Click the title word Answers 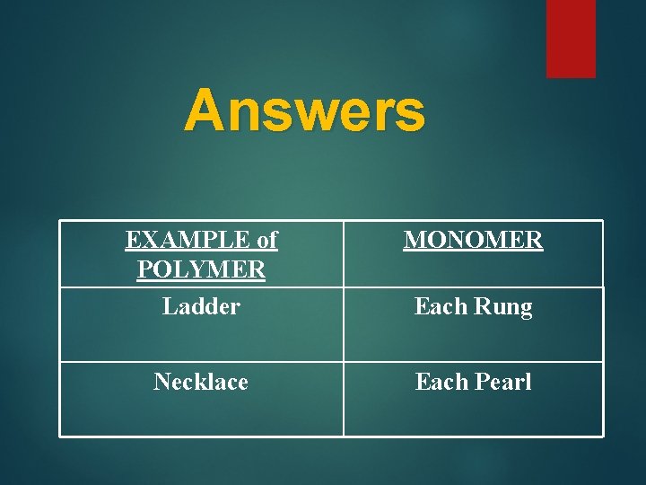tap(304, 111)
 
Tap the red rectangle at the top tap(571, 38)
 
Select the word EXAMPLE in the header tap(187, 240)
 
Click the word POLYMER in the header tap(201, 269)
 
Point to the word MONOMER tap(473, 240)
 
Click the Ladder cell tap(201, 306)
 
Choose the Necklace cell tap(201, 382)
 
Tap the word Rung tap(502, 307)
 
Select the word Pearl tap(502, 382)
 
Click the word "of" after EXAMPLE tap(266, 240)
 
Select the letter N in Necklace tap(161, 382)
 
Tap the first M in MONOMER tap(415, 240)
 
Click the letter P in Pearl tap(481, 382)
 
